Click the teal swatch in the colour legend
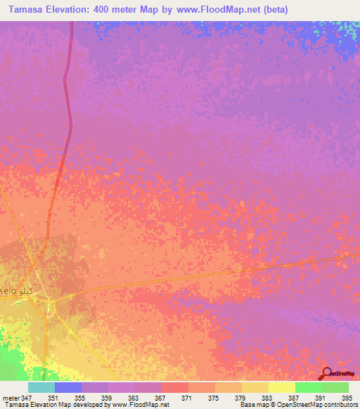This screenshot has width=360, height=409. [x=41, y=387]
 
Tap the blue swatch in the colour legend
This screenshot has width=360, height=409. [x=68, y=387]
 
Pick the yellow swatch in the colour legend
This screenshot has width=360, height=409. [x=281, y=387]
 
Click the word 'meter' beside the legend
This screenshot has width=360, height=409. [x=11, y=397]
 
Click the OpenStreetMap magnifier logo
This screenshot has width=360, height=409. [x=327, y=374]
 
